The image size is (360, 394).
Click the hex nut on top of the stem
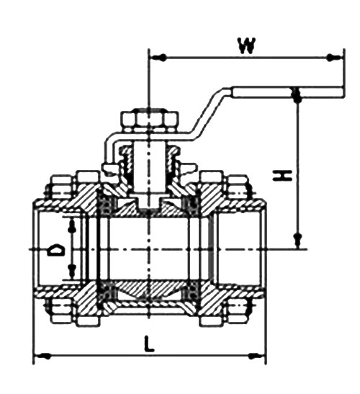tap(148, 120)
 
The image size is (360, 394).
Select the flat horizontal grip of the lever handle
tap(288, 91)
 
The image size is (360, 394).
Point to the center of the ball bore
tap(148, 249)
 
